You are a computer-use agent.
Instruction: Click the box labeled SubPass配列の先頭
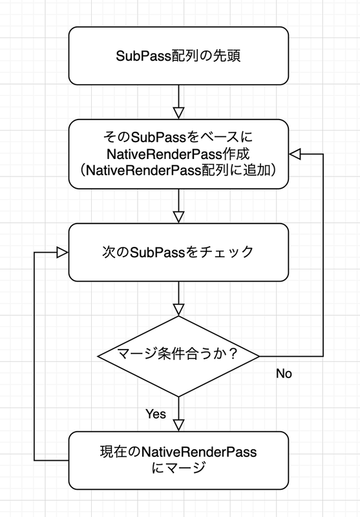178,56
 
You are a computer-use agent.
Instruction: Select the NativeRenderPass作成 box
178,154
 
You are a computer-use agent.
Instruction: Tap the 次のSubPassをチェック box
178,252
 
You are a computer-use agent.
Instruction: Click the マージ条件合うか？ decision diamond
178,356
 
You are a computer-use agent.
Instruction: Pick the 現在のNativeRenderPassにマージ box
178,460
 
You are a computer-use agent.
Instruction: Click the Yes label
156,414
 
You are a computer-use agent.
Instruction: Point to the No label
284,374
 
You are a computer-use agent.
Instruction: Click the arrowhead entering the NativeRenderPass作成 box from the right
295,154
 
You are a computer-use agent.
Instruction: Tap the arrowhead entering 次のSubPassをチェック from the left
63,253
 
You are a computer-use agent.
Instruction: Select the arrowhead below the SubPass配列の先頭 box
178,113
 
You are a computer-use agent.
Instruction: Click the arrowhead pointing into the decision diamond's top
178,310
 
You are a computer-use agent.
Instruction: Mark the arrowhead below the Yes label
178,425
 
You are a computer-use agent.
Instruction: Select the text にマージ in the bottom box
178,468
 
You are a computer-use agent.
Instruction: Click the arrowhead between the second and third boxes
178,217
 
